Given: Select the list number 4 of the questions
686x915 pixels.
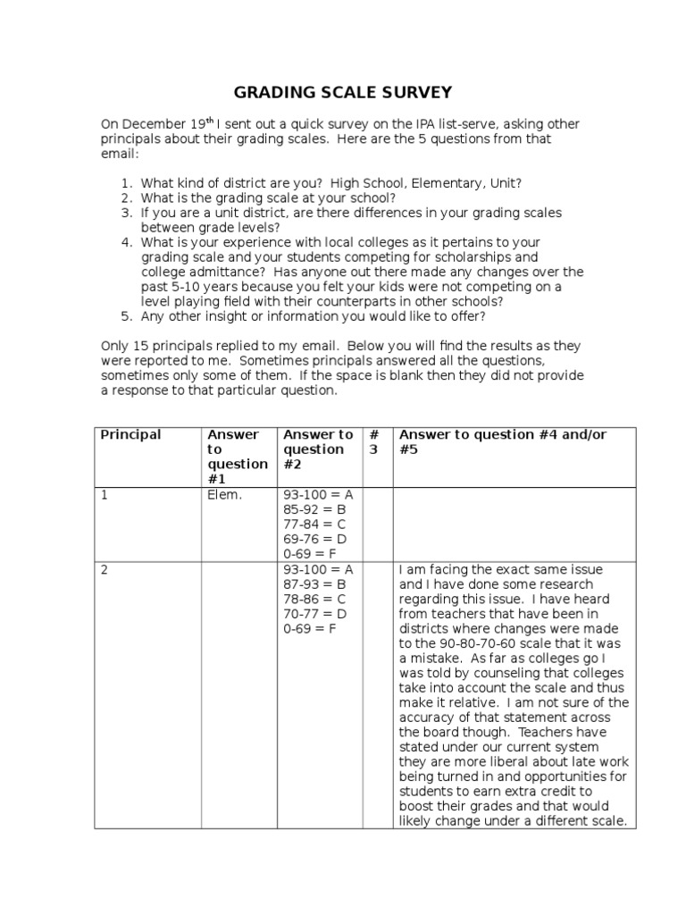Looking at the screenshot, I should (127, 243).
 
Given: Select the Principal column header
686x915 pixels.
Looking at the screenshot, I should (130, 435).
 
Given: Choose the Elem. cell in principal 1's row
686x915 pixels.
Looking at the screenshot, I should (224, 495).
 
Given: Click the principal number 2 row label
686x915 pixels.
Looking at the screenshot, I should (105, 570).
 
